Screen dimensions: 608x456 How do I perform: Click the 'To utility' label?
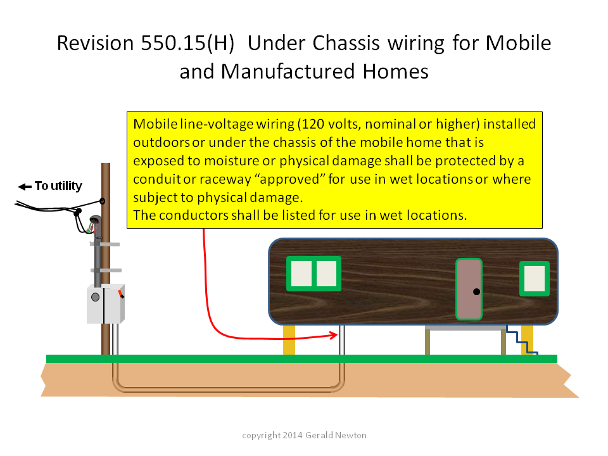[x=58, y=186]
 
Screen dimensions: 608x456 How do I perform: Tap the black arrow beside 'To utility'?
[x=25, y=187]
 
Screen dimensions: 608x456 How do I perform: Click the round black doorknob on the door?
[x=476, y=291]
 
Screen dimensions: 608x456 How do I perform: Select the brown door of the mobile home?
[x=469, y=289]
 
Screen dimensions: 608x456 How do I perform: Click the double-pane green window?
[x=313, y=274]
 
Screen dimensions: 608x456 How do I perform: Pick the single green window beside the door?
[x=535, y=279]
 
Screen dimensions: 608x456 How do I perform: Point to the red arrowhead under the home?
[x=334, y=335]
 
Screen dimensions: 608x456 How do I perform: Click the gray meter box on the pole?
[x=106, y=304]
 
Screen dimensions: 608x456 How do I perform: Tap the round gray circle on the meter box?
[x=96, y=298]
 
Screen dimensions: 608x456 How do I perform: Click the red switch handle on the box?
[x=121, y=293]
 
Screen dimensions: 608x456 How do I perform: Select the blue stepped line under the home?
[x=521, y=339]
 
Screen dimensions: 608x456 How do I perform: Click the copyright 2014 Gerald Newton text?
[x=304, y=435]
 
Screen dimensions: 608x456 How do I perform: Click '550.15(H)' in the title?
[x=187, y=43]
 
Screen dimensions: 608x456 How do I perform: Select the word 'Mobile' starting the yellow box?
[x=155, y=124]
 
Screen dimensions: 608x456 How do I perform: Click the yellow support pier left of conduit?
[x=289, y=339]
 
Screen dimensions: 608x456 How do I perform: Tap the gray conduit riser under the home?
[x=342, y=339]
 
